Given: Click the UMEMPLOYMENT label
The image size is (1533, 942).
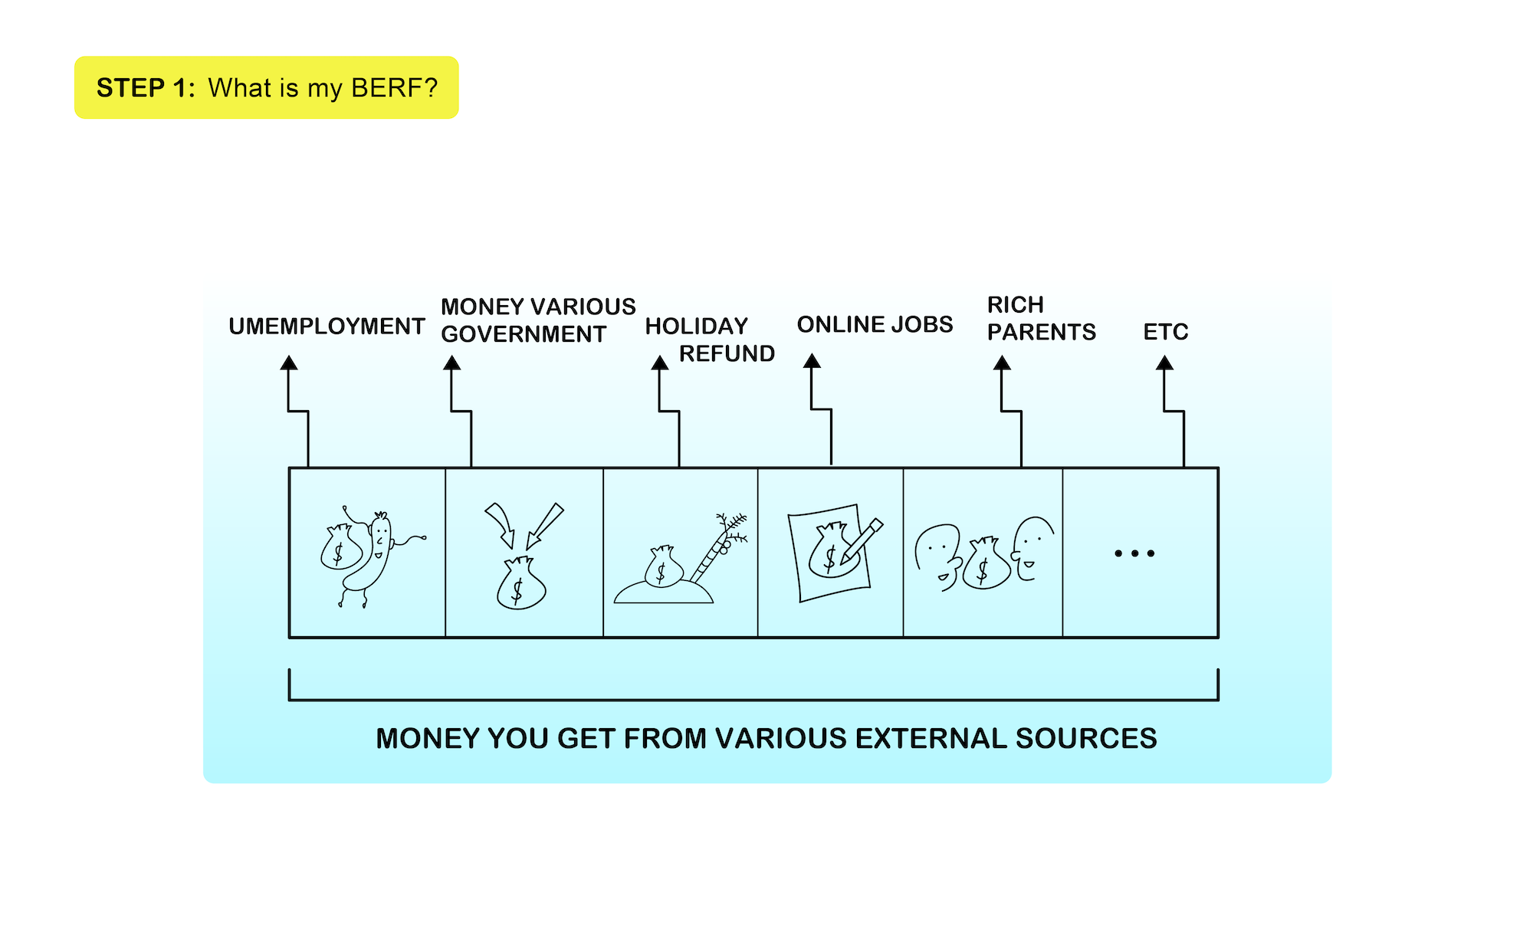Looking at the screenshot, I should pos(327,327).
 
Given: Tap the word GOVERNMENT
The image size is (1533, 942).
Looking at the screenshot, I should pos(524,334).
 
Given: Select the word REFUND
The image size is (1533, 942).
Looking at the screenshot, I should pos(727,353).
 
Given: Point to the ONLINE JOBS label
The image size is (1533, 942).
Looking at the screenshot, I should pos(875,324).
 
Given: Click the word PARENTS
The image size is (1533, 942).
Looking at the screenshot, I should pos(1041,332).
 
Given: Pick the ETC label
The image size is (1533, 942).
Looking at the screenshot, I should pos(1165,332).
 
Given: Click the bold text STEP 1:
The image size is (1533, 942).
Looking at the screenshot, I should pos(146,88).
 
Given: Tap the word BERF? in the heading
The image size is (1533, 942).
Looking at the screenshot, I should pos(394,88).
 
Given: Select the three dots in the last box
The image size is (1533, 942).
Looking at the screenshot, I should pos(1134,553).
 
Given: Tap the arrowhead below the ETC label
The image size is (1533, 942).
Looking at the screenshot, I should pos(1164,363).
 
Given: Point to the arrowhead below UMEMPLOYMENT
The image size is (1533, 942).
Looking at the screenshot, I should pos(288,363).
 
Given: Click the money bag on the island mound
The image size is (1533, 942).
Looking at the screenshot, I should pos(663,567).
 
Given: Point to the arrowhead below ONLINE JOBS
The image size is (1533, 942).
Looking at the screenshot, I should pos(812,361).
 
